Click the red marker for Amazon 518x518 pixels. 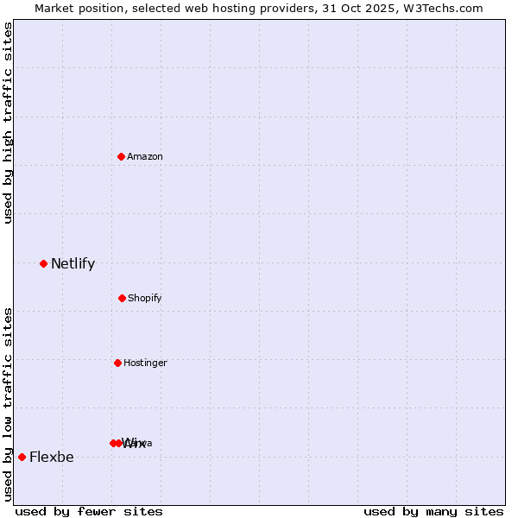point(122,156)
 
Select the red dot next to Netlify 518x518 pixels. point(43,263)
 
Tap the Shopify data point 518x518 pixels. point(122,298)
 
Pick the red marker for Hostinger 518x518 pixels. point(117,363)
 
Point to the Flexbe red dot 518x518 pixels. point(22,457)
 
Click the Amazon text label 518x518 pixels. point(145,156)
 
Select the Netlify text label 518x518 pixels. point(73,263)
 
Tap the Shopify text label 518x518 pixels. point(145,298)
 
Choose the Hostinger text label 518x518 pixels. point(145,363)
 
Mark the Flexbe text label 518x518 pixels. point(52,457)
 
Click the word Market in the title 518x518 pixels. point(54,8)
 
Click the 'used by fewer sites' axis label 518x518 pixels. point(89,511)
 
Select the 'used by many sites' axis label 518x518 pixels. point(433,511)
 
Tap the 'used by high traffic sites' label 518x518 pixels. point(8,123)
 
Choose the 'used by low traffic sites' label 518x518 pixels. point(8,404)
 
